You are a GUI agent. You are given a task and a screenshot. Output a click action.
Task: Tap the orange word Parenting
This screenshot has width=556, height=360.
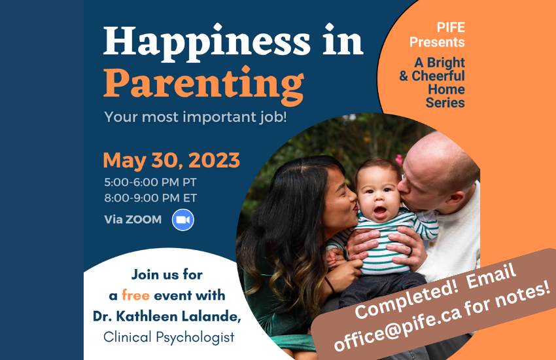(203, 85)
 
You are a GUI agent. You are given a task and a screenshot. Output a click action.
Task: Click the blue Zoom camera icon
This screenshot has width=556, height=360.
(183, 220)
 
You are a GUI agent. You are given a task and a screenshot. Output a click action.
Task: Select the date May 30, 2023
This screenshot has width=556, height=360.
(171, 160)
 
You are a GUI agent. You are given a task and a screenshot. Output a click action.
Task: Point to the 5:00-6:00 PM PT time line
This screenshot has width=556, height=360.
(150, 183)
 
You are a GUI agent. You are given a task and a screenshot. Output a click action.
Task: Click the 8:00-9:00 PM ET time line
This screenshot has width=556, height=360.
(150, 198)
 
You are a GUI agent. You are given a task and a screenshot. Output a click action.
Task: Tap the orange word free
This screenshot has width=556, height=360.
(136, 295)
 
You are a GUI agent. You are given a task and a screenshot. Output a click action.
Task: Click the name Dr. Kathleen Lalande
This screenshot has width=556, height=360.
(167, 316)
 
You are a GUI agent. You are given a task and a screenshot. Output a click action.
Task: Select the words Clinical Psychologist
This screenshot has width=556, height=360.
(169, 337)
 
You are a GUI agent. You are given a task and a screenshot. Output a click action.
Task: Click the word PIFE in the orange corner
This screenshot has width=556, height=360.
(451, 27)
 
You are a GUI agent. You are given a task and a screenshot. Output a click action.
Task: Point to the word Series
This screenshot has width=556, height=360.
(445, 103)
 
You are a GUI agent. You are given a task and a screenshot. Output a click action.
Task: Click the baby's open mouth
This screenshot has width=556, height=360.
(380, 211)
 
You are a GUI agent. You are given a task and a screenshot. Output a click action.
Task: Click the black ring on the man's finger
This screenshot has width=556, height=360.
(411, 251)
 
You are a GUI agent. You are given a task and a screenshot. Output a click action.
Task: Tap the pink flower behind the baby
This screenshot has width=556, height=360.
(399, 160)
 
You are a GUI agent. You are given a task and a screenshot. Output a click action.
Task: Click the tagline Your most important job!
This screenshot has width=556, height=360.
(196, 117)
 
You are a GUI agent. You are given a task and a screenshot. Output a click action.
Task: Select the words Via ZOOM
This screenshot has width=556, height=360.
(133, 219)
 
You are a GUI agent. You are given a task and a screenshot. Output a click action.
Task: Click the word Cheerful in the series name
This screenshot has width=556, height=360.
(438, 76)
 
